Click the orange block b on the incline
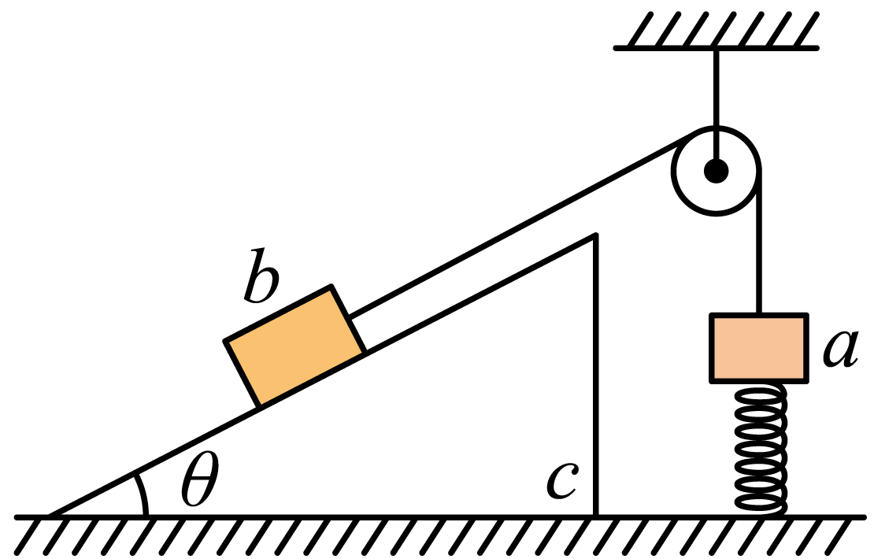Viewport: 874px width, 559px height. click(294, 346)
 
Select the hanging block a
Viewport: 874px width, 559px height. click(758, 348)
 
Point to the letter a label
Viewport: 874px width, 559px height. click(841, 349)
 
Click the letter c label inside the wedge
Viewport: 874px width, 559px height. click(562, 480)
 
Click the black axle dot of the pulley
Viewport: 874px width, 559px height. click(717, 171)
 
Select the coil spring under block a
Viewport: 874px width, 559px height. click(760, 449)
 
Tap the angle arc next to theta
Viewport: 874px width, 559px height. click(142, 494)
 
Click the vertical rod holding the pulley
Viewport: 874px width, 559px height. click(717, 106)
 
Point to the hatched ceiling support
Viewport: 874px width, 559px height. click(717, 31)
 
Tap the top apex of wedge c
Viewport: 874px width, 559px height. click(596, 235)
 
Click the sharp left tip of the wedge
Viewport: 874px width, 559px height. click(49, 516)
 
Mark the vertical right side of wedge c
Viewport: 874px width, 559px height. click(596, 376)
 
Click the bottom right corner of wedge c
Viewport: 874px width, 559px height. click(596, 516)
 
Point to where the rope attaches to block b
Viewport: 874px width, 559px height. click(349, 317)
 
